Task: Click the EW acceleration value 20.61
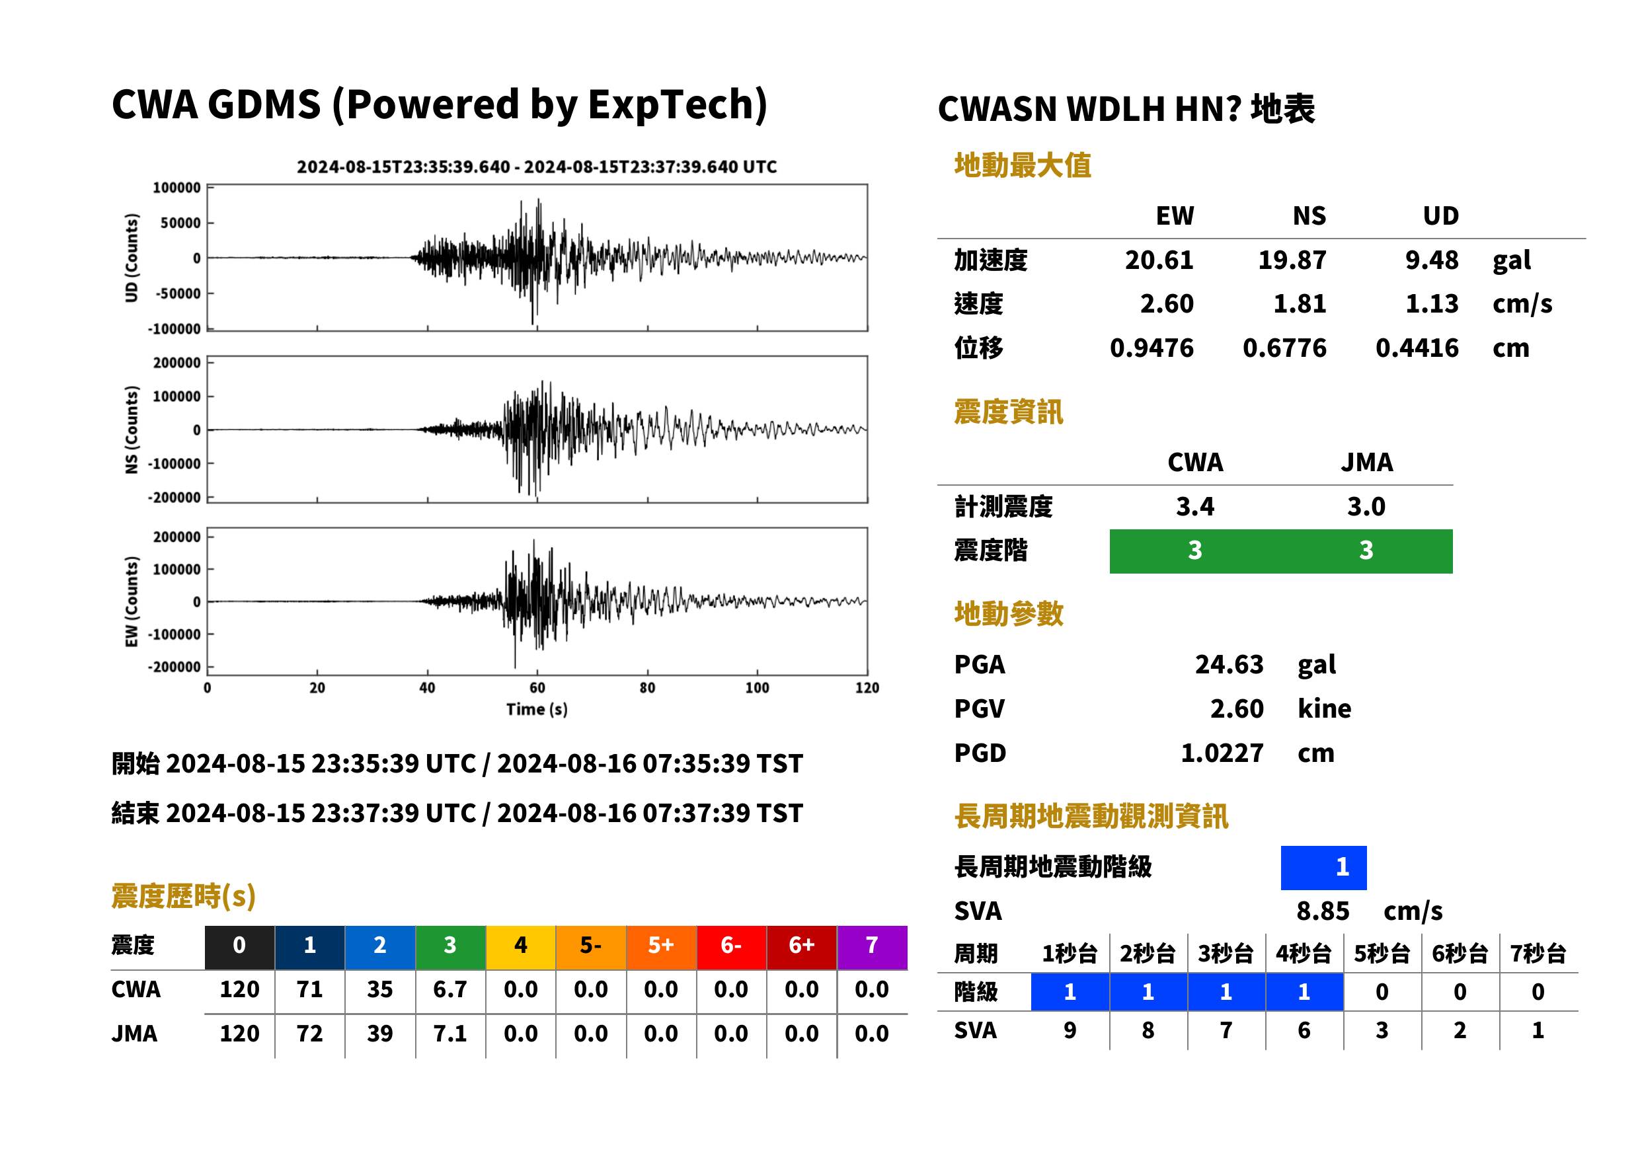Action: [1158, 260]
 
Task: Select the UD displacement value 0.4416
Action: [1417, 348]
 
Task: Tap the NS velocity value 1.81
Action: [1299, 304]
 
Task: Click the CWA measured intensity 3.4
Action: [1194, 507]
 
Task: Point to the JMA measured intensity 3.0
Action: [1366, 507]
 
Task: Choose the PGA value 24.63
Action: [1229, 665]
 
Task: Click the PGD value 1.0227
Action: [1222, 753]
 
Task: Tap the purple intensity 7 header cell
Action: [872, 945]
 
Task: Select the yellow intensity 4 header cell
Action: [521, 945]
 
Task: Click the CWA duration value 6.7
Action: [450, 990]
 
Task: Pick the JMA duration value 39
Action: [380, 1034]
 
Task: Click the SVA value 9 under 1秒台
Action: [1070, 1031]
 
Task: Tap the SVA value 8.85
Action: [1323, 911]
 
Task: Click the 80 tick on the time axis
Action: [647, 688]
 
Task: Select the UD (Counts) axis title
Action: [132, 258]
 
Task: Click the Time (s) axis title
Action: [537, 710]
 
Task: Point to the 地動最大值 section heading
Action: [1023, 166]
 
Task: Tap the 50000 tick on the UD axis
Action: [180, 223]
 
